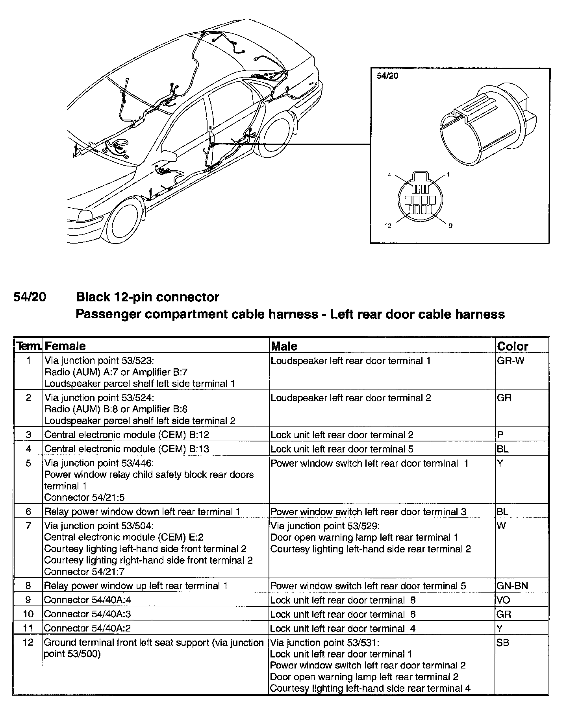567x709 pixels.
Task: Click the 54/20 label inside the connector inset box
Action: pos(387,76)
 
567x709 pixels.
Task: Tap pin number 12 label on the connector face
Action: pos(388,225)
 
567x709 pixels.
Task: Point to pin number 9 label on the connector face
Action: pos(450,225)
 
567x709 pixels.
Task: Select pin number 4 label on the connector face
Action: pos(389,175)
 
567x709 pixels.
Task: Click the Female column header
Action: pos(65,346)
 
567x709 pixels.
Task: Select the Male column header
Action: pos(284,346)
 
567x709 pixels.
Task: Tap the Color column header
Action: pos(512,346)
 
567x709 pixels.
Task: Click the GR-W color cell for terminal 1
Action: pos(511,360)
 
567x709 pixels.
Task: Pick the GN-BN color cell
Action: pos(512,585)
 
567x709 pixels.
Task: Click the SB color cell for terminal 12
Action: pos(503,643)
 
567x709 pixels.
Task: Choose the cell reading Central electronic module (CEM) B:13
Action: pos(127,449)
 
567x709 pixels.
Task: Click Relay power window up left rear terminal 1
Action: pos(136,585)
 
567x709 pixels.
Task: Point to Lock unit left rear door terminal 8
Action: pos(343,600)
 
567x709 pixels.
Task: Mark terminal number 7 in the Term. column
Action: pos(28,526)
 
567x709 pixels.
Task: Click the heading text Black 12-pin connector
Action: pos(147,297)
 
